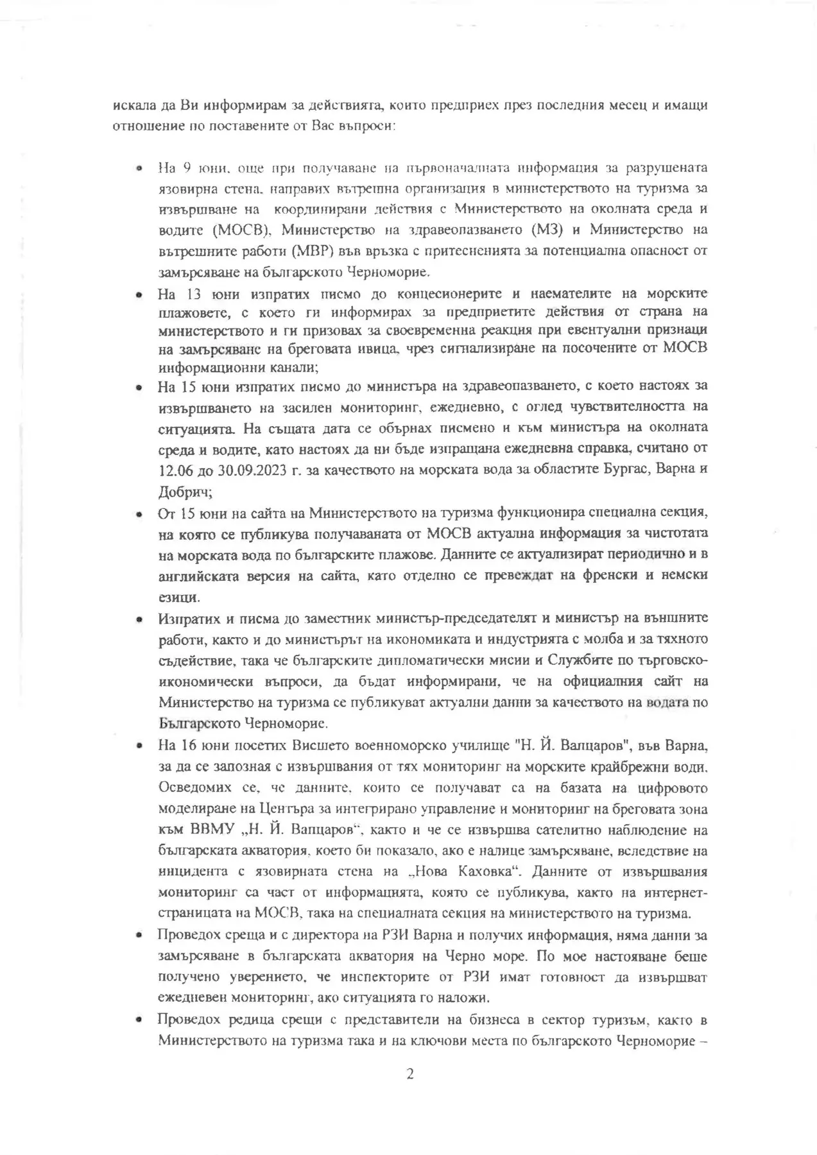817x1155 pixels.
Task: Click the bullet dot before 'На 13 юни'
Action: [138, 295]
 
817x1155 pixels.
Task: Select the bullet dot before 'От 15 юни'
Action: [138, 514]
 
